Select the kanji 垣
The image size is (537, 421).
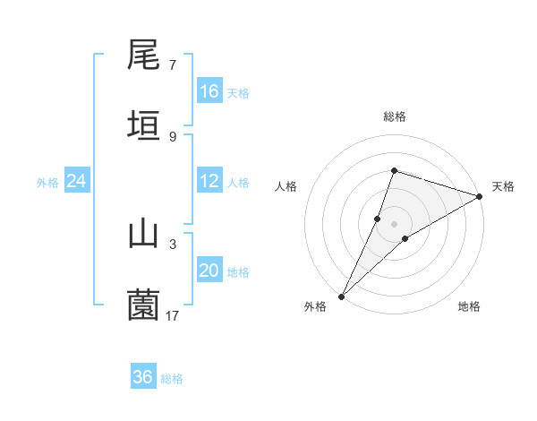144,125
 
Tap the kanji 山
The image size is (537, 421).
144,234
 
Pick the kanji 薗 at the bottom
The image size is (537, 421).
144,305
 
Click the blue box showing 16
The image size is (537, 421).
209,91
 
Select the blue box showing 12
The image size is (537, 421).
209,181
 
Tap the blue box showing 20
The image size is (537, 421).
209,271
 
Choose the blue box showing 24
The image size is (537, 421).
77,181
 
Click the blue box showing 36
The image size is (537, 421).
143,377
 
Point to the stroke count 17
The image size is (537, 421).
173,315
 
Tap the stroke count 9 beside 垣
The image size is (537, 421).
173,136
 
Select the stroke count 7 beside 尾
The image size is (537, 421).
173,65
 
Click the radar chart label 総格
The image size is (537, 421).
395,116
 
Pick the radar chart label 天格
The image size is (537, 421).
503,186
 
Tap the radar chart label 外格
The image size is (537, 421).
315,307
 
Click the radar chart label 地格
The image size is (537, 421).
469,307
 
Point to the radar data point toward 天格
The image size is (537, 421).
480,196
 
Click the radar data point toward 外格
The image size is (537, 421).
341,296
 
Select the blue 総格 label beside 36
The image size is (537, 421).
172,379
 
